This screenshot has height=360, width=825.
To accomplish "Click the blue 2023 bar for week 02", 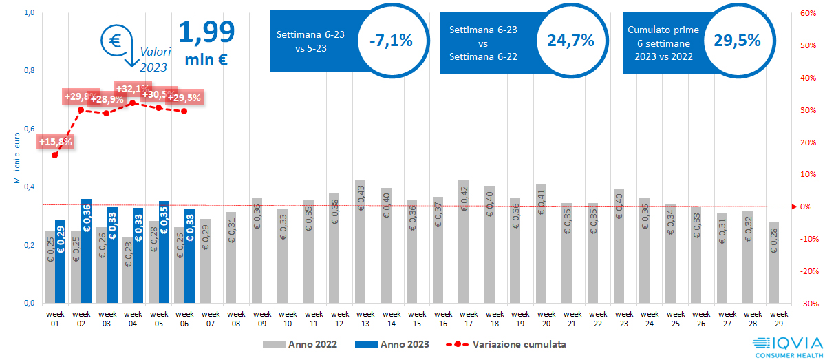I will [86, 251].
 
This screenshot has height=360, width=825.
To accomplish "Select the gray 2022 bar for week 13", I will [360, 241].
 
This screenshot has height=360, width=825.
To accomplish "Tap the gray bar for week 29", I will [773, 262].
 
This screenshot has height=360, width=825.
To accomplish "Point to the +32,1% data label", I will [132, 89].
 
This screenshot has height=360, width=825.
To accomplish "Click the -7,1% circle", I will [390, 41].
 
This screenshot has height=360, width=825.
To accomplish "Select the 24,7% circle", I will [570, 41].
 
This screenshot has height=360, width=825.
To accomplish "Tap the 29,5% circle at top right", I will [737, 41].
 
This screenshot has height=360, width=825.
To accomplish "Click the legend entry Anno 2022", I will [299, 343].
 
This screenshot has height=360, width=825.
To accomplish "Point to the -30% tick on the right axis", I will [807, 304].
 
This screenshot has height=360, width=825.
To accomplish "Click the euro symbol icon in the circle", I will [114, 40].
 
